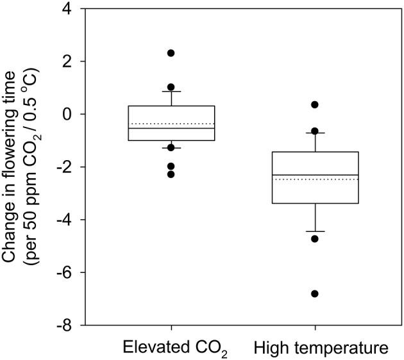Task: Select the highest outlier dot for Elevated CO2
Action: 171,53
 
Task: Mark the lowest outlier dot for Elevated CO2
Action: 171,174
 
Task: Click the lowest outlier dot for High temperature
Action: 315,293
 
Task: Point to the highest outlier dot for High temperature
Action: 315,104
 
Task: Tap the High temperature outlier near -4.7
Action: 315,239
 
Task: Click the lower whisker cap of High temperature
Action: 315,231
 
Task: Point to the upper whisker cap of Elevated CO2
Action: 171,92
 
